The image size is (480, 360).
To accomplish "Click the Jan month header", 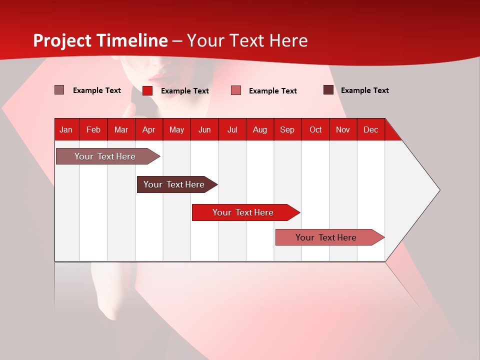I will pos(66,129).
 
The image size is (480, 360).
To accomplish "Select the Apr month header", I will pos(148,129).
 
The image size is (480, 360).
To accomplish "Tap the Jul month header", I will pos(232,129).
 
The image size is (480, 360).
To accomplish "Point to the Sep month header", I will pos(287,129).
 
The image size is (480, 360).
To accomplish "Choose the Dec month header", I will pos(370,129).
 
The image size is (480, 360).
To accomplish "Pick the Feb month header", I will pos(93,129).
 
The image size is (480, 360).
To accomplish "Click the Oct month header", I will pos(315,129).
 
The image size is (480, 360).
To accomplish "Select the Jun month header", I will pos(204,129).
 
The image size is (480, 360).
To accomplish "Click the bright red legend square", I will pos(147,90).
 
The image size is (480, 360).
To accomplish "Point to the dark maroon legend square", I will pos(328,90).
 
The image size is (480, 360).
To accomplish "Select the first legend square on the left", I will pos(59,90).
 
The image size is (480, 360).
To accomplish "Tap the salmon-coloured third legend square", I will pos(236,90).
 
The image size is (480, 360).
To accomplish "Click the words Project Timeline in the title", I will pos(100,40).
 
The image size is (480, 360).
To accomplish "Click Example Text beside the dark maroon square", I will pos(364,90).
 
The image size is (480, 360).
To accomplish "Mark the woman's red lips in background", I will pos(158,78).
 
